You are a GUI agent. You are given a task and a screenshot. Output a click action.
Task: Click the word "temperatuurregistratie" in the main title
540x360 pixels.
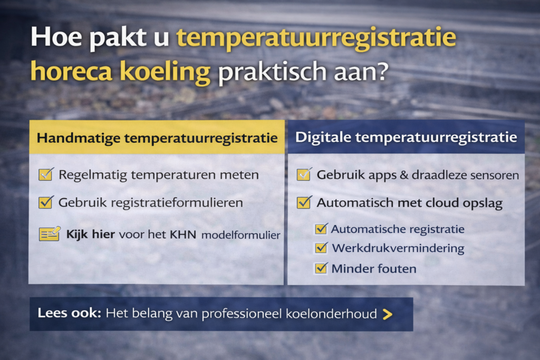[316, 40]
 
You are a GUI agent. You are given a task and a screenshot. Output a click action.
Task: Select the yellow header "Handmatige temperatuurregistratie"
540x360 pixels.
[157, 138]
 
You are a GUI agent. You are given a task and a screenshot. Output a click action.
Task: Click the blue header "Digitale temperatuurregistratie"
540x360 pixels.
[406, 138]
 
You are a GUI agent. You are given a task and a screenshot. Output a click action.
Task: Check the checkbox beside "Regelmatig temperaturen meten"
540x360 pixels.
[46, 174]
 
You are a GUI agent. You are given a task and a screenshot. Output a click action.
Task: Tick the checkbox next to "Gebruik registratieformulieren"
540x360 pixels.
[46, 202]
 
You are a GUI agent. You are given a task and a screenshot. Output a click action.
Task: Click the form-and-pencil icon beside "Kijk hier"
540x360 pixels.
[50, 233]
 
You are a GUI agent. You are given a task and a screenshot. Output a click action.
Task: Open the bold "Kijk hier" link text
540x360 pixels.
[91, 233]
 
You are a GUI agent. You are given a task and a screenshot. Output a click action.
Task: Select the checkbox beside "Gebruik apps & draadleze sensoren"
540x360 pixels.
[304, 174]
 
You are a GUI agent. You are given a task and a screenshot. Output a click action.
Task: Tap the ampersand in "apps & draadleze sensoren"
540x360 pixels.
[404, 175]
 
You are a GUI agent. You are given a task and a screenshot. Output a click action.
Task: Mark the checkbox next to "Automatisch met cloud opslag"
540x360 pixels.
[304, 202]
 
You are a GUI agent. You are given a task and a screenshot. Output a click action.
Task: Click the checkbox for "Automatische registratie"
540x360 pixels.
[321, 229]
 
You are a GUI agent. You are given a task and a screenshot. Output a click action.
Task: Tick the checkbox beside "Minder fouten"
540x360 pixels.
[321, 268]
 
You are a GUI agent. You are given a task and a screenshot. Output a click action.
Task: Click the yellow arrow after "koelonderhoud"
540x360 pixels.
[388, 314]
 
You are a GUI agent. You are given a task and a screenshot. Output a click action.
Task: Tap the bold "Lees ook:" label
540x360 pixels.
[69, 313]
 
